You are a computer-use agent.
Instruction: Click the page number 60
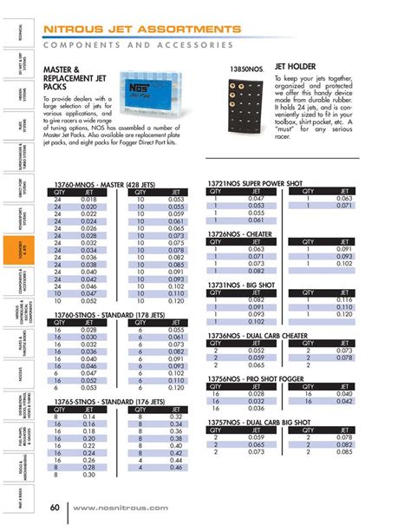(54, 507)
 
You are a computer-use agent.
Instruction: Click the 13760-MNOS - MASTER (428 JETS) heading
(105, 161)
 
